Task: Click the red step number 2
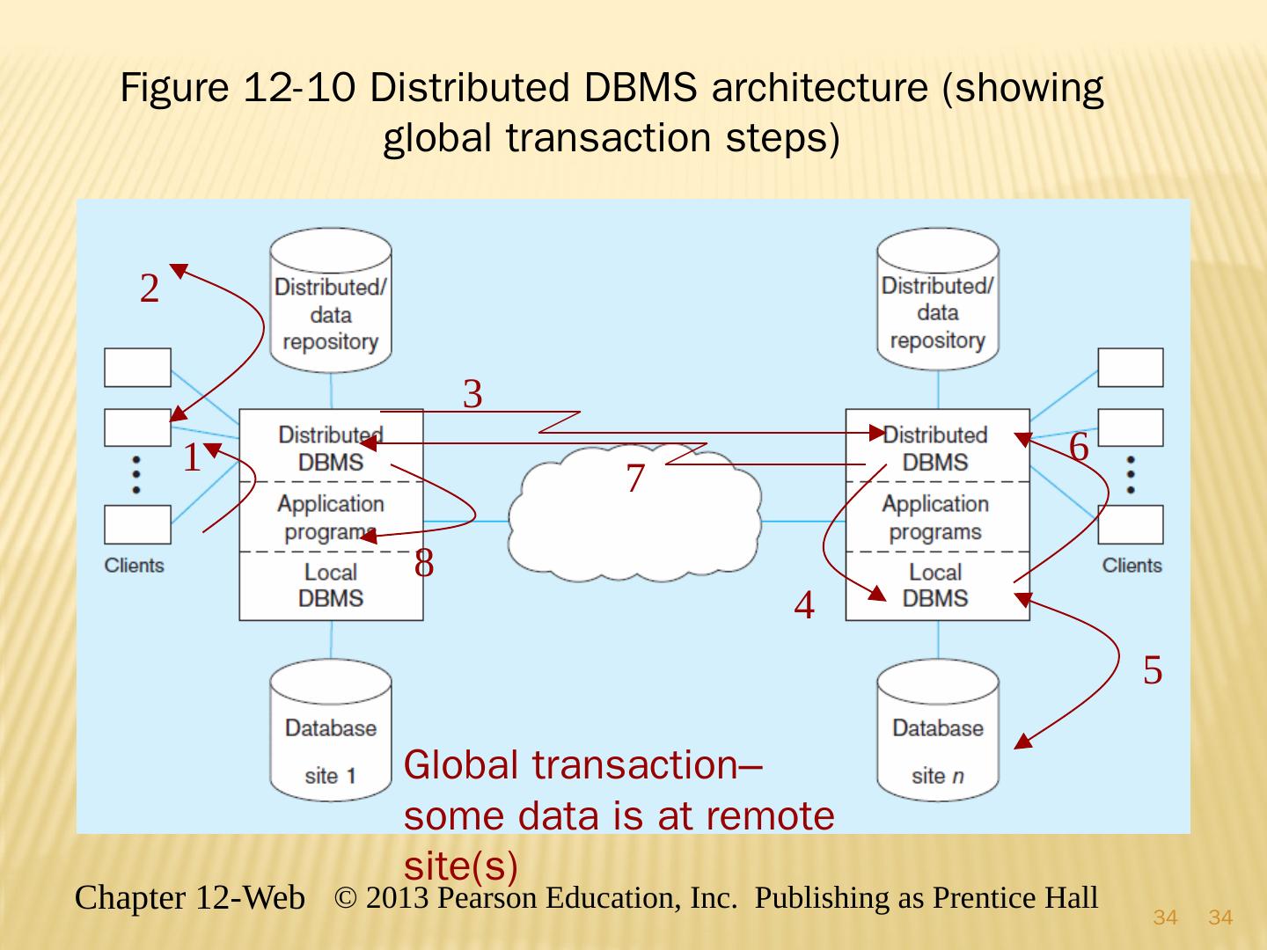pos(150,289)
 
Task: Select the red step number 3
pos(472,394)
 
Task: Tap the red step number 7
pos(635,479)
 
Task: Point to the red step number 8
pos(424,563)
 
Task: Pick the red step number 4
pos(803,605)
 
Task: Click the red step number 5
pos(1153,670)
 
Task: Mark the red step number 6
pos(1079,447)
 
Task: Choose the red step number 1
pos(191,458)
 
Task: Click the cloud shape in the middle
pos(633,519)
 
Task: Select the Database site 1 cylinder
pos(331,730)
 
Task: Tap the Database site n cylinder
pos(938,730)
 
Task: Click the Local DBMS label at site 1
pos(331,586)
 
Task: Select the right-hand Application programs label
pos(935,517)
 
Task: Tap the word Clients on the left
pos(135,566)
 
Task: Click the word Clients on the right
pos(1132,566)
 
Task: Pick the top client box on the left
pos(138,368)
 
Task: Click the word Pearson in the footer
pos(487,898)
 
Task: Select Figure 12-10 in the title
pos(238,88)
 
